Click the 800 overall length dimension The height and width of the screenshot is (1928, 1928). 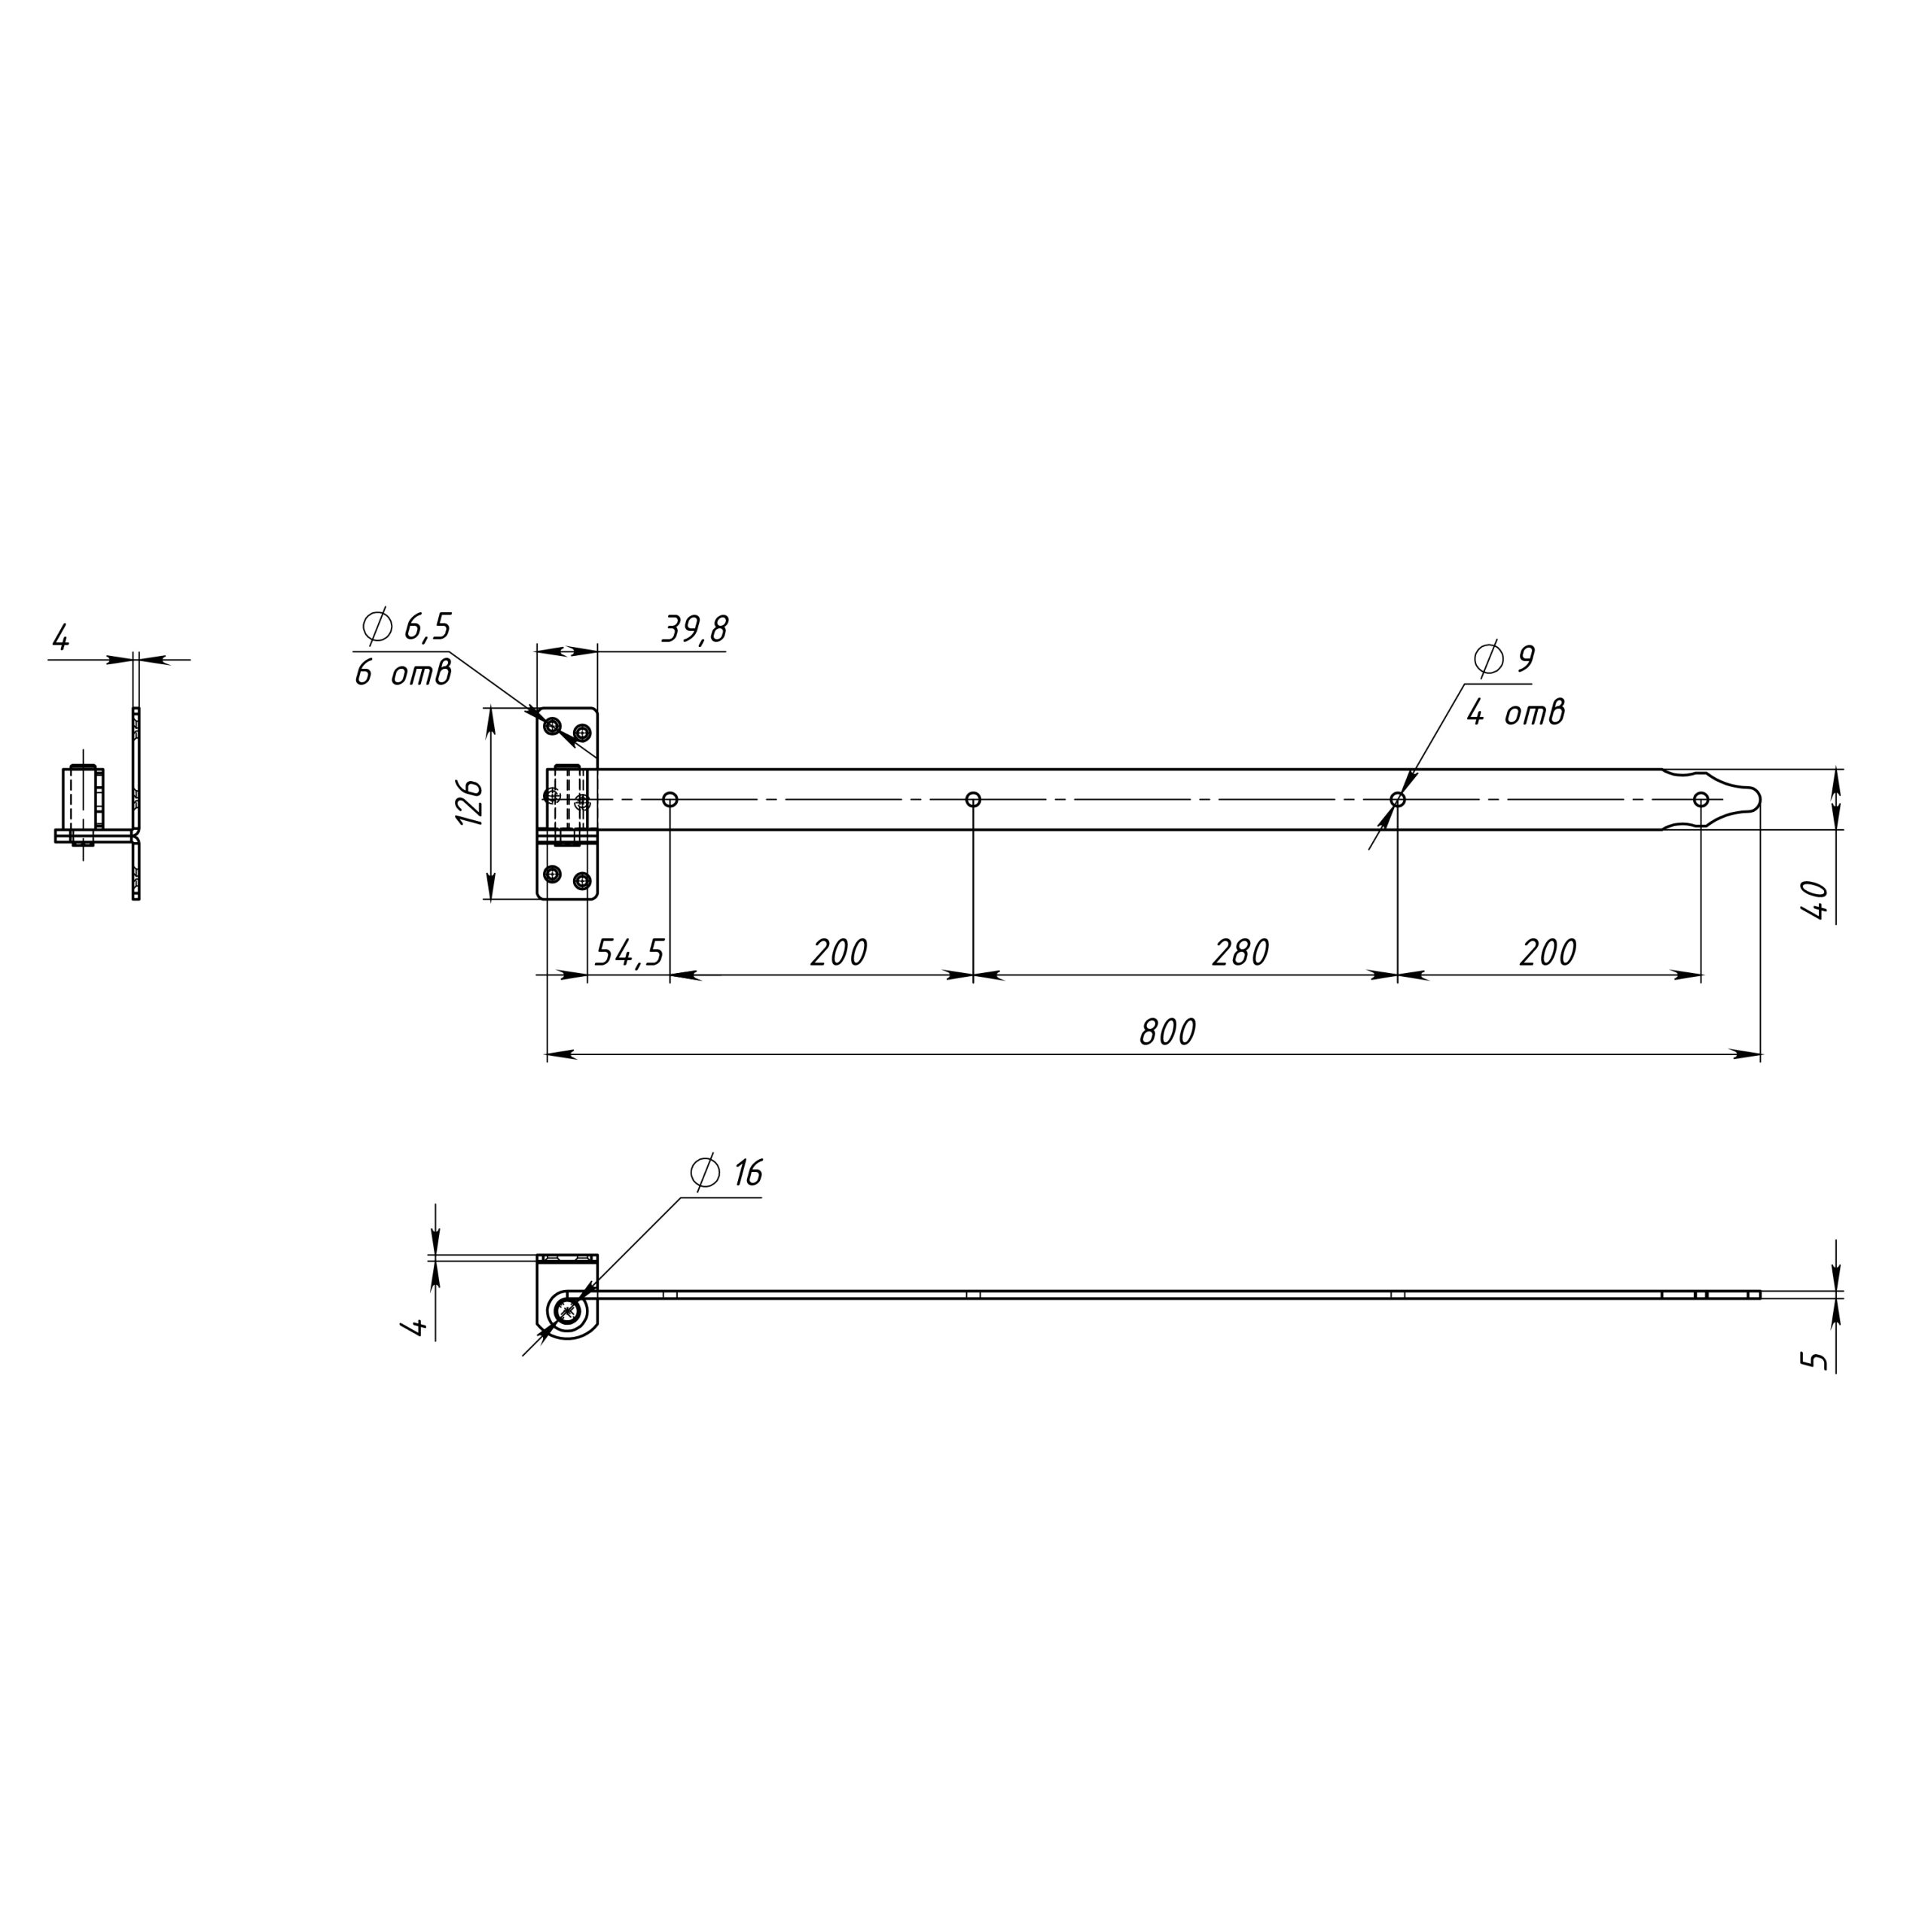1167,1032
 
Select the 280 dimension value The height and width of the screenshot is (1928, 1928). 1240,953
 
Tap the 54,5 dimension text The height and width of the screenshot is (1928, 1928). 629,953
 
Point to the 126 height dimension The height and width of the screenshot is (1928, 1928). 470,801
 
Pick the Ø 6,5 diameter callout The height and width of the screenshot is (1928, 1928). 407,627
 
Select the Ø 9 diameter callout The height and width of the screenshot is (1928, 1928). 1504,659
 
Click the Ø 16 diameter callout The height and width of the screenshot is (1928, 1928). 727,1173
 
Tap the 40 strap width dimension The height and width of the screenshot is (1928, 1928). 1817,900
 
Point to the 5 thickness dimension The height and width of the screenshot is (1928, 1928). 1818,1359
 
